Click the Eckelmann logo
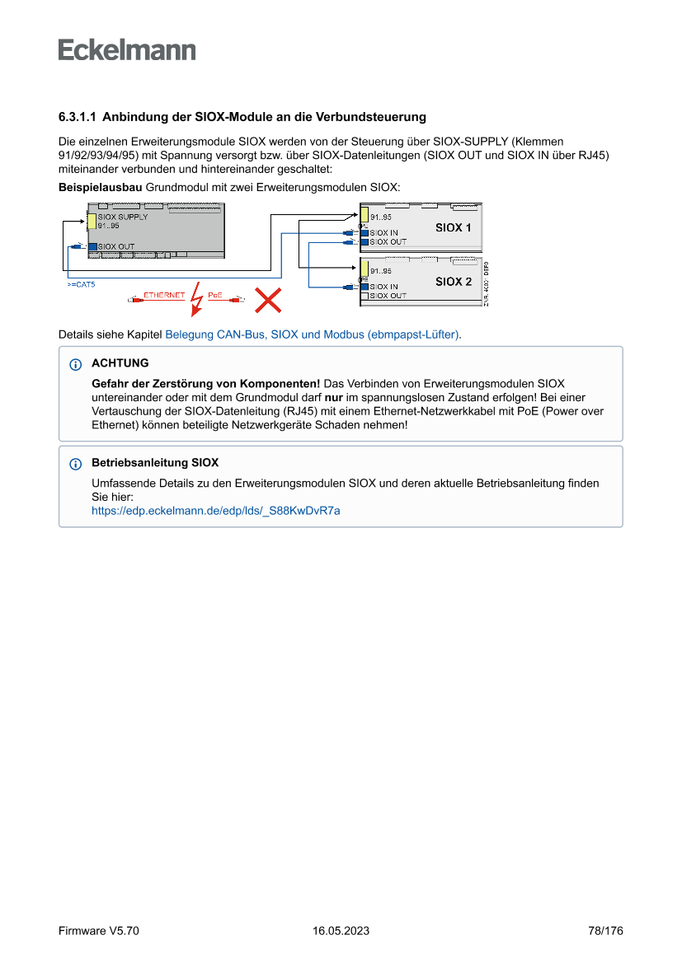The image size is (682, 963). (x=127, y=50)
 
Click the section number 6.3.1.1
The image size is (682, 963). (x=78, y=117)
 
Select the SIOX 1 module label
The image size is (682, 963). (x=454, y=227)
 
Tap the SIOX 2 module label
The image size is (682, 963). (x=454, y=282)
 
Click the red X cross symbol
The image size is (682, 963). (x=267, y=300)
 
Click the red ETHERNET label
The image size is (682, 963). (x=164, y=295)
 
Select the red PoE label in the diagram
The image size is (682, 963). (x=214, y=295)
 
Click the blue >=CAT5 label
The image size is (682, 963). (x=81, y=283)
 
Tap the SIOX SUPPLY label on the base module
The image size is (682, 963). (x=123, y=217)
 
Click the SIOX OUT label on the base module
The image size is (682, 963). (x=115, y=246)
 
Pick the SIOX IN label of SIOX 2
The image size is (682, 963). (x=383, y=287)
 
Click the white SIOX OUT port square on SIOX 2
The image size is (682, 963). (x=364, y=296)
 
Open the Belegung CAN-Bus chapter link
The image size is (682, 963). (x=313, y=335)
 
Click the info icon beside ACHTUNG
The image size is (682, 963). (x=76, y=364)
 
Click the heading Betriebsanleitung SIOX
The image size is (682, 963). (x=155, y=463)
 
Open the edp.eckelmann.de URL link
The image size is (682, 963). (x=215, y=511)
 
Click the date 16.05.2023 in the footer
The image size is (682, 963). (x=341, y=931)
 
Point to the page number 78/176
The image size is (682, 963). (x=605, y=931)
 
